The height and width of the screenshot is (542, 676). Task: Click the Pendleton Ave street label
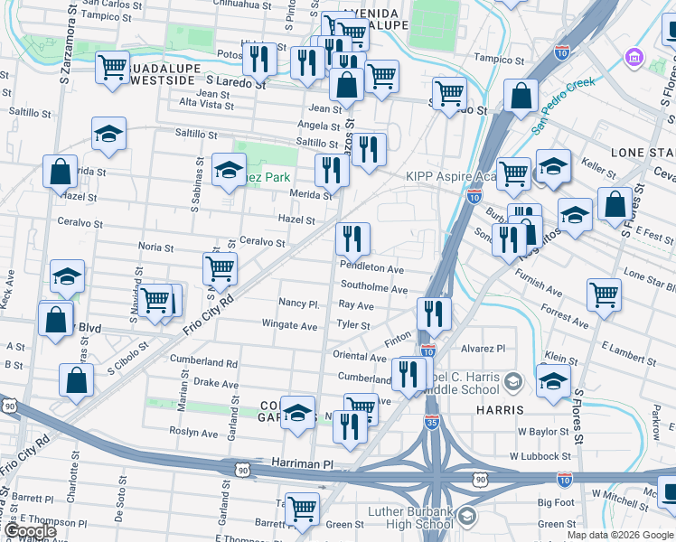point(371,268)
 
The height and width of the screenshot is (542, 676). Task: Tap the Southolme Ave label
point(373,289)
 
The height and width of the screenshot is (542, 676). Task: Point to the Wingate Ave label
point(289,325)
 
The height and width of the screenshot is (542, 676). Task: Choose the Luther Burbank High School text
point(410,518)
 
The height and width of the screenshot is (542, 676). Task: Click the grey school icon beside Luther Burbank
point(467,517)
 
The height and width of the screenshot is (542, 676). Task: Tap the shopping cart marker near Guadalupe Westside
point(112,68)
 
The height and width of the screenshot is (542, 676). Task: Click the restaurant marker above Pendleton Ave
point(352,238)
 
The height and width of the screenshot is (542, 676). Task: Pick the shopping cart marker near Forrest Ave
point(604,293)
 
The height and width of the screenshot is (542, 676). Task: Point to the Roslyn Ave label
point(196,434)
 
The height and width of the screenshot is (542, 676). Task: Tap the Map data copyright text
point(621,535)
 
